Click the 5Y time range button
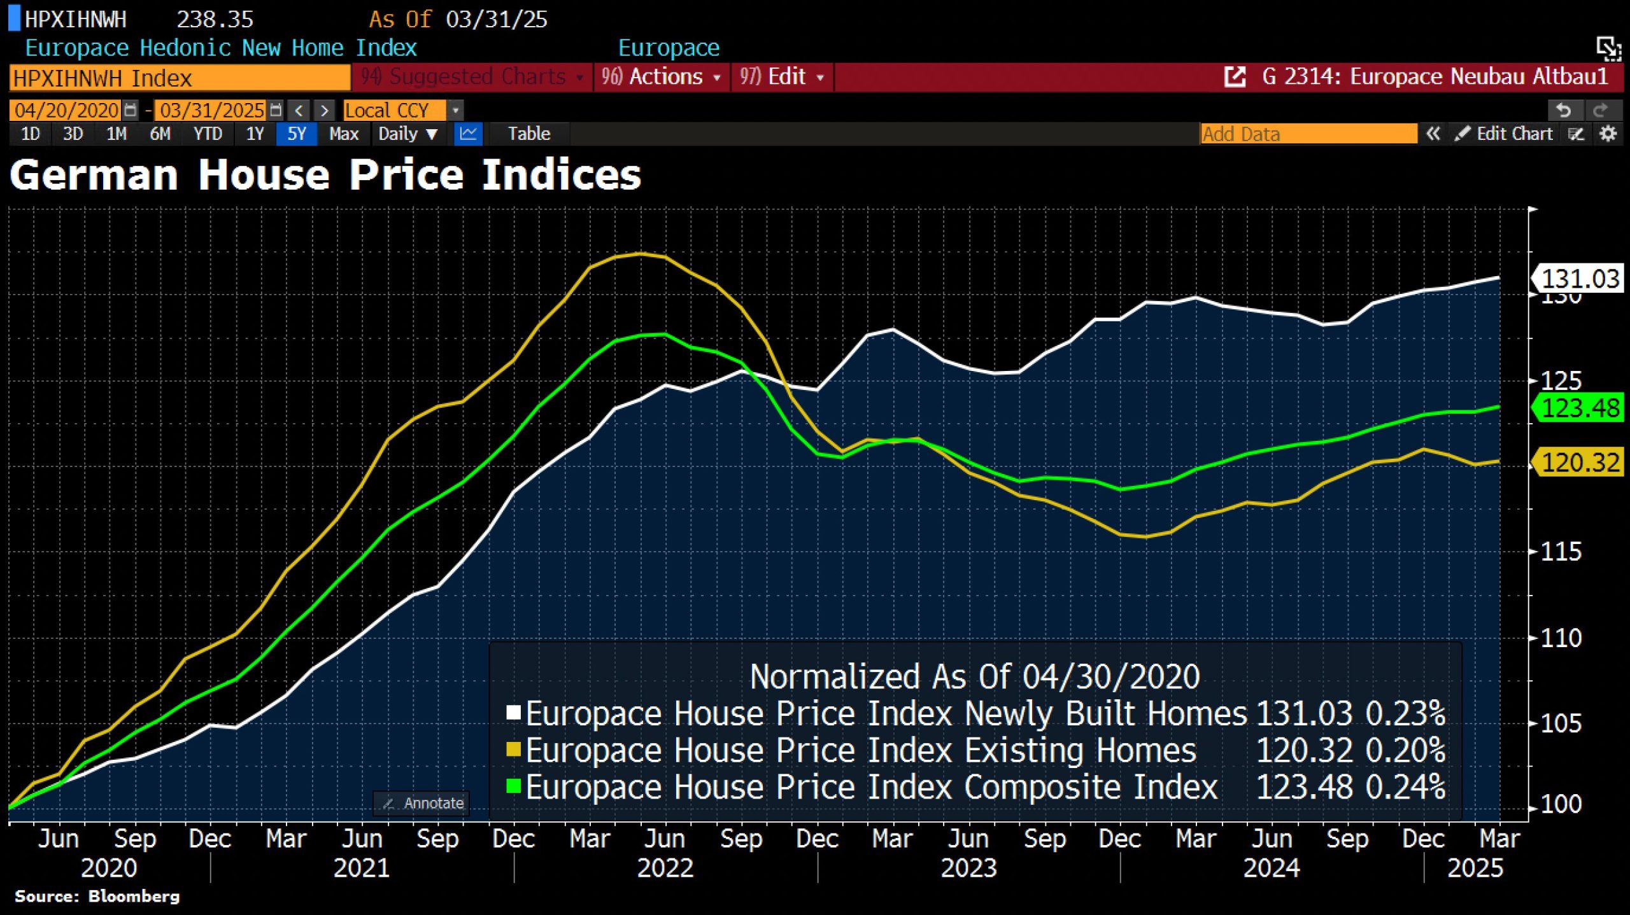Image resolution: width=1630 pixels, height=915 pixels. (296, 134)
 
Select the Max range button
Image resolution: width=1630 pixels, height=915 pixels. (344, 134)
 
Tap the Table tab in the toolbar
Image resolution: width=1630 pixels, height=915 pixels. (528, 134)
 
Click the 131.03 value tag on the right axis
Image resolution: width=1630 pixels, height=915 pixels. (1579, 279)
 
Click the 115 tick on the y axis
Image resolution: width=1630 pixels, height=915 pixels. (1561, 552)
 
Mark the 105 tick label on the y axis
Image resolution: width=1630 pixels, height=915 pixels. (1561, 724)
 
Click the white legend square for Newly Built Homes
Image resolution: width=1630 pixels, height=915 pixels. (513, 712)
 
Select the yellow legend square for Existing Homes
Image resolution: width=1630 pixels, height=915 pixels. (513, 749)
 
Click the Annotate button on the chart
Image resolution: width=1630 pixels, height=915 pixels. (423, 804)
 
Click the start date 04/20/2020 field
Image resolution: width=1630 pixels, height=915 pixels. (66, 111)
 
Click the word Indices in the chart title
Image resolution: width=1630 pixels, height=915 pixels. (561, 175)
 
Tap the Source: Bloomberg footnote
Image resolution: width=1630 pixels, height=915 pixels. (97, 897)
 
